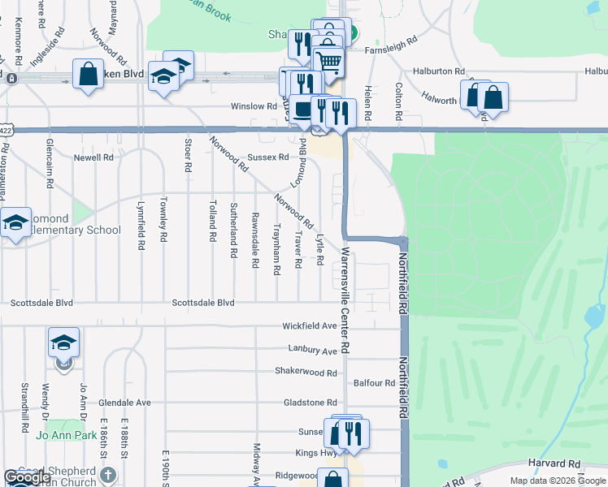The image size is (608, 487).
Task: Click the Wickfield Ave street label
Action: tap(309, 326)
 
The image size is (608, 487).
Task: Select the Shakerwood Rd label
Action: tap(306, 373)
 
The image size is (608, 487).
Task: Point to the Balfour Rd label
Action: tap(375, 382)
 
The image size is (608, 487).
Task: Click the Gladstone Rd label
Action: tap(310, 403)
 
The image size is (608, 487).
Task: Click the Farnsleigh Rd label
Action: tap(391, 39)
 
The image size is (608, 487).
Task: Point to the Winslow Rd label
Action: tap(254, 106)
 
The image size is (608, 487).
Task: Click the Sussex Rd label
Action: tap(267, 157)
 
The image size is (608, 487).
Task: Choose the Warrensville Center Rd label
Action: tap(345, 300)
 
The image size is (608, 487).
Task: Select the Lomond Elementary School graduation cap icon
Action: tap(15, 222)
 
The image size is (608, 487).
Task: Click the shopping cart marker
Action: tap(328, 59)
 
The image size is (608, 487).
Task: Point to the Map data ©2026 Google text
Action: tap(558, 481)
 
